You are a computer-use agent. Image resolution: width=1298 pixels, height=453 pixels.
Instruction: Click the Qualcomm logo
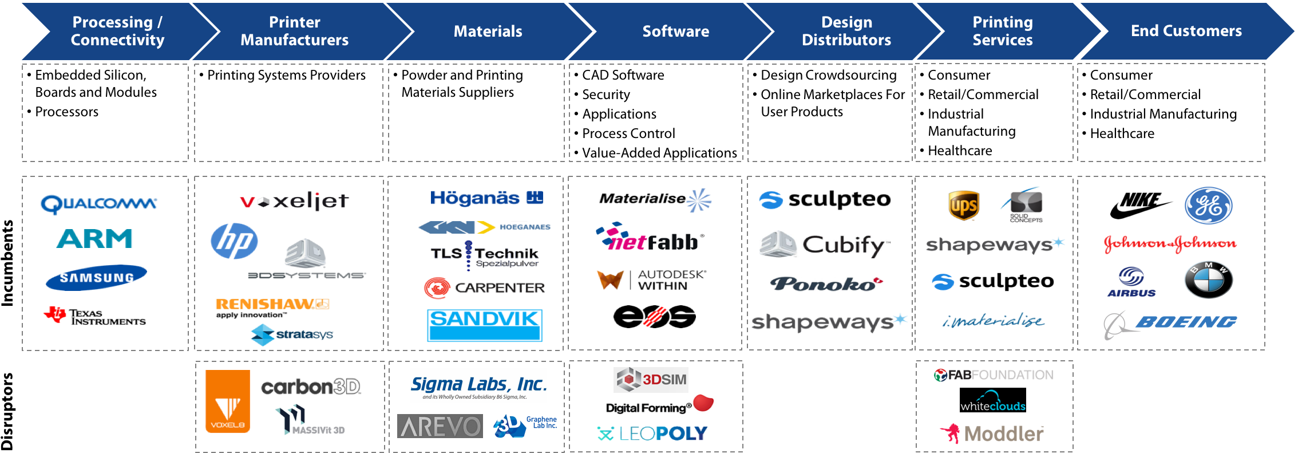(98, 204)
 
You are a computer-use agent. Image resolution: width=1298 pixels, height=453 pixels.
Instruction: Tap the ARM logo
(94, 239)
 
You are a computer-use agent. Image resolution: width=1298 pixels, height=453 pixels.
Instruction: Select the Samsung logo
(96, 278)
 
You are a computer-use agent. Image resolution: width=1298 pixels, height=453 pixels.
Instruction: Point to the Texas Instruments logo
(114, 316)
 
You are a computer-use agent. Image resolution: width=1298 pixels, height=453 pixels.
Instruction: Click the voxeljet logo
(294, 201)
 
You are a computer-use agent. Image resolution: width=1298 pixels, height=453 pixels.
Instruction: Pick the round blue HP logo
(234, 241)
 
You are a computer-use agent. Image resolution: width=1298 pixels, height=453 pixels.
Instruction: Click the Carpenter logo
(485, 287)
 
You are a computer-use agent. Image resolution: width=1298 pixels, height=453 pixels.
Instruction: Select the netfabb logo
(650, 238)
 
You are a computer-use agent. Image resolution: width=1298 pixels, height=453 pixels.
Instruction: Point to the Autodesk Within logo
(652, 280)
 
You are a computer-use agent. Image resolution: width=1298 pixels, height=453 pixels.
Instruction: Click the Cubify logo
(825, 245)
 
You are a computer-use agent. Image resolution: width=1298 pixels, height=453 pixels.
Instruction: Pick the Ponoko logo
(829, 284)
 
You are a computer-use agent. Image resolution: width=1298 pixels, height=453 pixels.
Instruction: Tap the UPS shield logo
(964, 206)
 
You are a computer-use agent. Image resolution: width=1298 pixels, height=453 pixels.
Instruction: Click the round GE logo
(1208, 206)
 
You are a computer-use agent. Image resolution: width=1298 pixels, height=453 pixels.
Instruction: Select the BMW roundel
(1208, 280)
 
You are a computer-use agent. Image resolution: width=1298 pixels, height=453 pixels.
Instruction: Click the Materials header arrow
(488, 31)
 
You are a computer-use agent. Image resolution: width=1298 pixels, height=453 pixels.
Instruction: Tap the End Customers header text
(1186, 31)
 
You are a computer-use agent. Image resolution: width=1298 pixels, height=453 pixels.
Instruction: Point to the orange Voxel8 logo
(228, 401)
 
